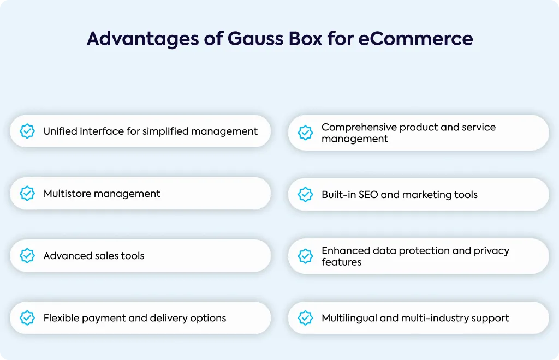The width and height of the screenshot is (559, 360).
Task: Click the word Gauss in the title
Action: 257,39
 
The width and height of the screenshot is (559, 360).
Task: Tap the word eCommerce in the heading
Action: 415,39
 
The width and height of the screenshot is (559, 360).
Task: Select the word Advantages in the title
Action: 142,39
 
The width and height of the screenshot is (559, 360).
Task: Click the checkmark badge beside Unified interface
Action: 27,131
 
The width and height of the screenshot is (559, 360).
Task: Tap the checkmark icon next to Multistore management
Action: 27,193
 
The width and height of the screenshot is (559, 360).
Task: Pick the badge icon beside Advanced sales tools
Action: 27,256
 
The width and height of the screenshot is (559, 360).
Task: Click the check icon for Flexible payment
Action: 27,318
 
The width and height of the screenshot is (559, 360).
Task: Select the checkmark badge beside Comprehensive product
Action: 305,133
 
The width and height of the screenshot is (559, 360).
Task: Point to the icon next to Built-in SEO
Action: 305,194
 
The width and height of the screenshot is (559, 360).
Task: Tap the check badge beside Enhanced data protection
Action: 305,256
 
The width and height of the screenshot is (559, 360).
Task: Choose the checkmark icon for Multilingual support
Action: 305,318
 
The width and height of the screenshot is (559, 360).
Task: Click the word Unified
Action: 60,131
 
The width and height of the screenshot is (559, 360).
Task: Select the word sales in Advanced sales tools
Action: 106,256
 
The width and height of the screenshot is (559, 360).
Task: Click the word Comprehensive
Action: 359,128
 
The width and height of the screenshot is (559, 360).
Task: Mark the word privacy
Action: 491,251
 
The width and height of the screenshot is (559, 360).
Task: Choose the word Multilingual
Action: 349,319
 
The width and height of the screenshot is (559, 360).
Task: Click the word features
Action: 342,262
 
